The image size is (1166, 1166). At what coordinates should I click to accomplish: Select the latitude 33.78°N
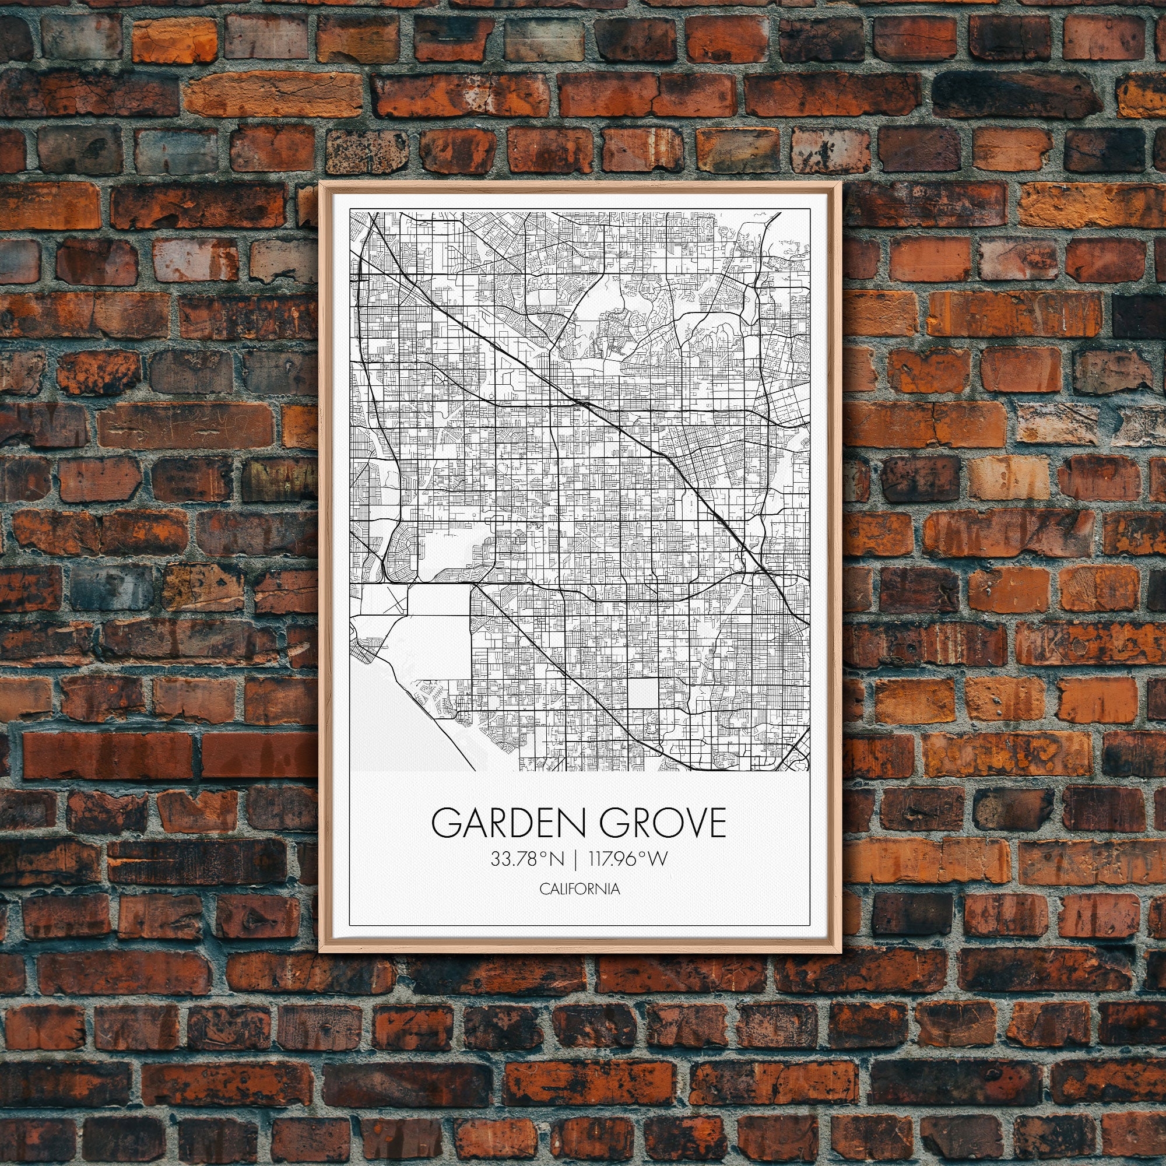point(527,859)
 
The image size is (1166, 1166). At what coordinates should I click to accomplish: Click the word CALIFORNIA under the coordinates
point(580,889)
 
